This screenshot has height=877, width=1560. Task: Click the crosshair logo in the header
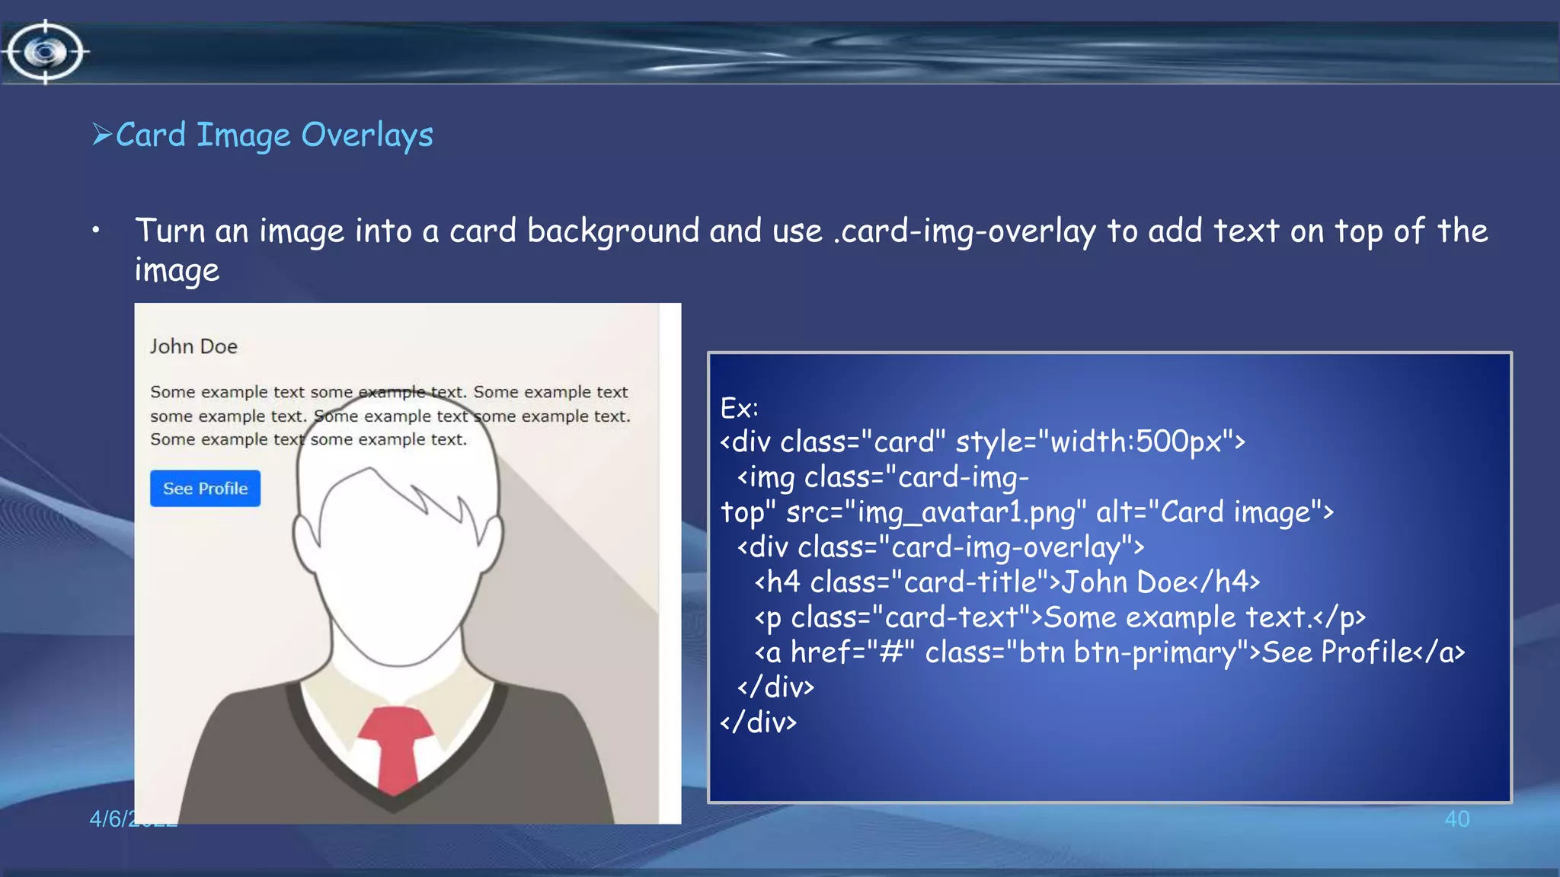(46, 52)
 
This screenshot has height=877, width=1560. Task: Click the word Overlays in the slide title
(367, 136)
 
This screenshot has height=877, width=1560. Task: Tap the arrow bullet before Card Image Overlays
(101, 135)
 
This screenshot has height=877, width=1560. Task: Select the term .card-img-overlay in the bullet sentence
(964, 231)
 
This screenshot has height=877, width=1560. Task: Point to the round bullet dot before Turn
(96, 230)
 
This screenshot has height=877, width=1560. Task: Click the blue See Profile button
(205, 489)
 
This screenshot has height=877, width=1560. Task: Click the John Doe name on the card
(193, 346)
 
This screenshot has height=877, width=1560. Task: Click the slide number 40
(1456, 819)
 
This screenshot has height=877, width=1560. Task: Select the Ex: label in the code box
(739, 408)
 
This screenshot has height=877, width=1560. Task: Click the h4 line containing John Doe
(1005, 582)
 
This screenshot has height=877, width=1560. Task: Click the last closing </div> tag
(759, 722)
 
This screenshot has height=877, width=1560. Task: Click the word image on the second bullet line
(177, 271)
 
